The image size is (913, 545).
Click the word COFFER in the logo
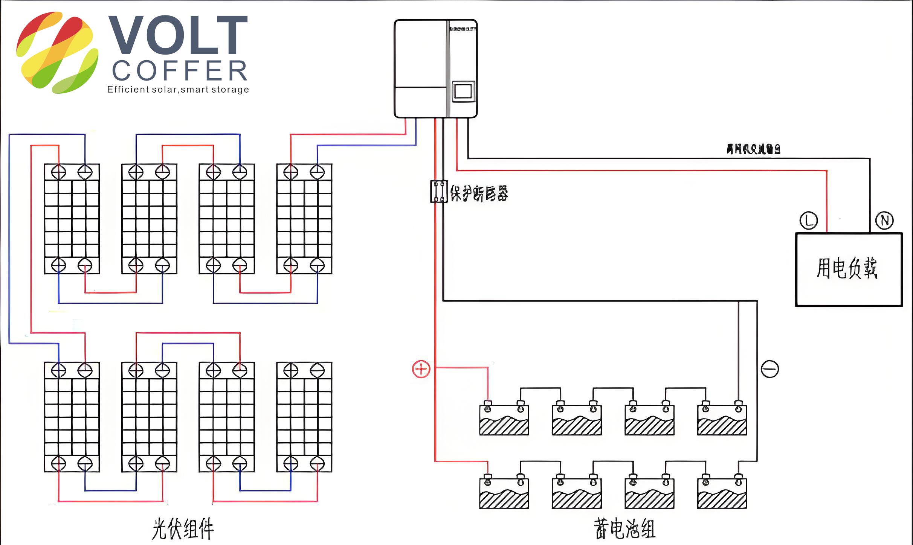tap(180, 71)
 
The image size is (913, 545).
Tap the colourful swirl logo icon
tap(57, 53)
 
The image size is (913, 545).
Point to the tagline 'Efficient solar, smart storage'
tap(178, 90)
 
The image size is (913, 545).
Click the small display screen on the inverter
tap(463, 91)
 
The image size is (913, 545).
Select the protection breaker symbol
tap(439, 192)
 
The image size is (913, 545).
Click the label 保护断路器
tap(479, 193)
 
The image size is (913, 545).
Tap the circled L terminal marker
tap(809, 221)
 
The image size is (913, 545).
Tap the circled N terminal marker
tap(885, 221)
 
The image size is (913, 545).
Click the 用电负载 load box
tap(849, 269)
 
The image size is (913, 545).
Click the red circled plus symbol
tap(421, 369)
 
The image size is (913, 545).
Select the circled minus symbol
tap(770, 369)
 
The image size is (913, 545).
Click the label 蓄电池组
tap(624, 528)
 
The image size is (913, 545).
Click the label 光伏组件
tap(183, 528)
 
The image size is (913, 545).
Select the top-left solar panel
tap(72, 219)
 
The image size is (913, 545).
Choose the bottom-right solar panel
tap(304, 417)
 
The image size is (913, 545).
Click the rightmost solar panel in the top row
tap(304, 219)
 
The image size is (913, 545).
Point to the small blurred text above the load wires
tap(753, 149)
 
